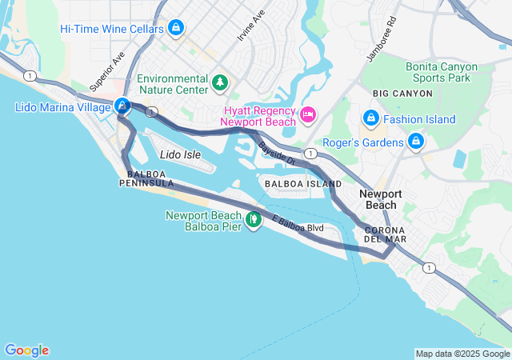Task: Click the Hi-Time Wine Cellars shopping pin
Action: [x=176, y=29]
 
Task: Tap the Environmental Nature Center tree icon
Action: [x=219, y=82]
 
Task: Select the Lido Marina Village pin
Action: [x=122, y=105]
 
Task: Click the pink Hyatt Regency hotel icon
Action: [x=306, y=117]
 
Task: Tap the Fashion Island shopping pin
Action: [x=370, y=118]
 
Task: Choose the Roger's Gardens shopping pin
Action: [x=415, y=142]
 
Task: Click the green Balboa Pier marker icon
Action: [x=254, y=218]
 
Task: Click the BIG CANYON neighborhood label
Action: [x=402, y=94]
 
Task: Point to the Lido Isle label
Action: [x=176, y=154]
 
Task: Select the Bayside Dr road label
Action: [x=278, y=154]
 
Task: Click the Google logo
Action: [x=26, y=350]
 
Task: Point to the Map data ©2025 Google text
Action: [x=462, y=354]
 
